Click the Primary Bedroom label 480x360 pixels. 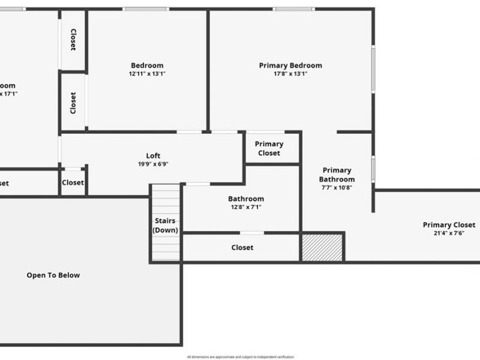290,65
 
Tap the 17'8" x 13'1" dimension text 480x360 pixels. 290,74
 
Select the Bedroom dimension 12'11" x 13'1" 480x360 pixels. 147,74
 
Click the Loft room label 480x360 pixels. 153,156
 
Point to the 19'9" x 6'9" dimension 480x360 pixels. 153,164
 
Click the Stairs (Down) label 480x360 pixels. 165,226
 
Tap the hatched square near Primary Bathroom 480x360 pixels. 322,247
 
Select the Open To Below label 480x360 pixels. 53,275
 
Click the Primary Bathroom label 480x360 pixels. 337,175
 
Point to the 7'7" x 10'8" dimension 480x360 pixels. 337,187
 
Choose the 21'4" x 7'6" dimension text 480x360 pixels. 449,233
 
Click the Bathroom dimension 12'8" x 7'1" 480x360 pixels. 245,207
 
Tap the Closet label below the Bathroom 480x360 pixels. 242,247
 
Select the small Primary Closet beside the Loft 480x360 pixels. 269,148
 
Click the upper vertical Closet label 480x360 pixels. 73,40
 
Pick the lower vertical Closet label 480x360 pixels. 73,103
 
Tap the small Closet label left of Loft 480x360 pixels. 73,182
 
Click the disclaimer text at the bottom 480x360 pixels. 240,357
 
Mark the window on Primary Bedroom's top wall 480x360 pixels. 293,9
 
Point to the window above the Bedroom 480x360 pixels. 145,9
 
